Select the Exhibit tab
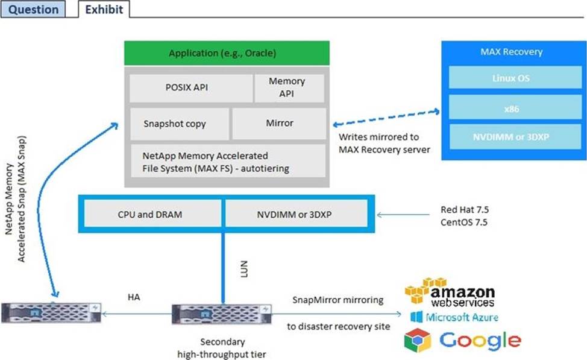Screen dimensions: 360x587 [x=104, y=9]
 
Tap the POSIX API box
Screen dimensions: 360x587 [x=190, y=87]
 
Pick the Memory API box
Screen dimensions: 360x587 [x=287, y=87]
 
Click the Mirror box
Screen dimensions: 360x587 [x=279, y=123]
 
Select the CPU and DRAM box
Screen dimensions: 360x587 [x=151, y=213]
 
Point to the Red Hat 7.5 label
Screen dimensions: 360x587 [x=463, y=210]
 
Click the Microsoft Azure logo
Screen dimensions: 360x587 [x=454, y=317]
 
